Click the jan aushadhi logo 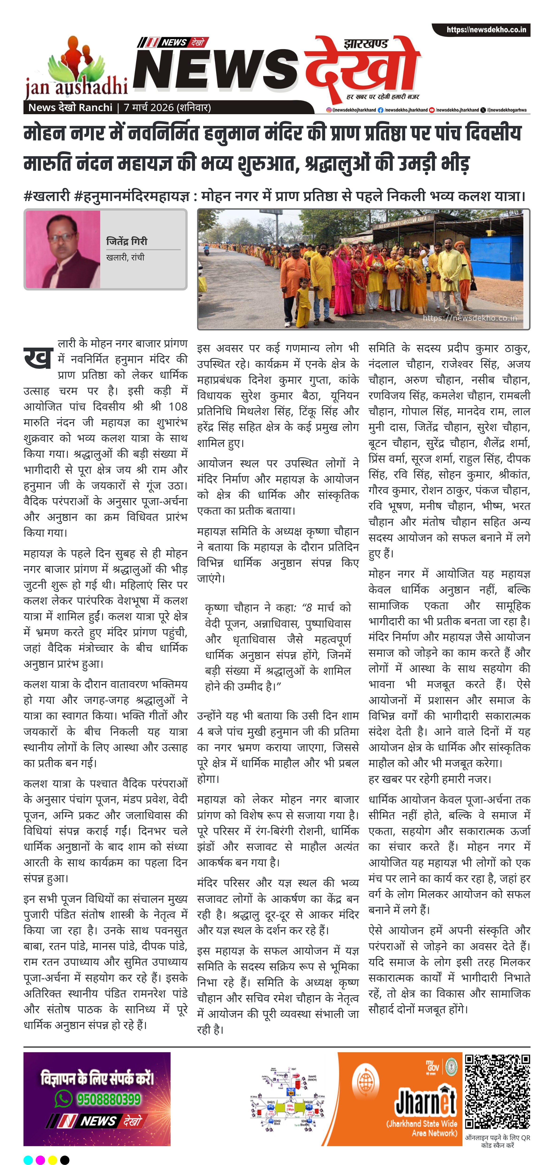76,68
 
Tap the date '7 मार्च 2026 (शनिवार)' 167,108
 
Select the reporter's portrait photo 63,249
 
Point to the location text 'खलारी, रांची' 125,257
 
